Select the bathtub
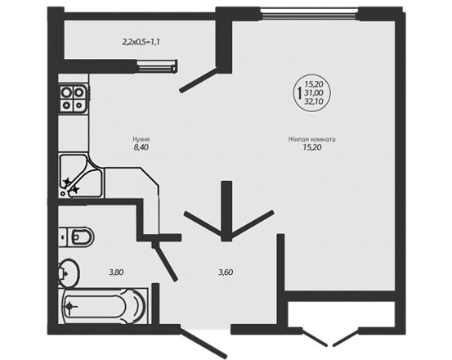pyautogui.click(x=104, y=306)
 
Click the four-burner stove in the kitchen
pyautogui.click(x=73, y=98)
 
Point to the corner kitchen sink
pyautogui.click(x=80, y=176)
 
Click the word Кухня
pyautogui.click(x=141, y=139)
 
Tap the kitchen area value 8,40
pyautogui.click(x=141, y=147)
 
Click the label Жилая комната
pyautogui.click(x=312, y=139)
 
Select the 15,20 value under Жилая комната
pyautogui.click(x=312, y=147)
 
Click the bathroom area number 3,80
pyautogui.click(x=116, y=272)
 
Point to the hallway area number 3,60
pyautogui.click(x=226, y=272)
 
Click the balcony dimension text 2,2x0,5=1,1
pyautogui.click(x=141, y=42)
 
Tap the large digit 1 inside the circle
pyautogui.click(x=299, y=92)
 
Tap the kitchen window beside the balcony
pyautogui.click(x=157, y=65)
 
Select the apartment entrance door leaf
pyautogui.click(x=204, y=342)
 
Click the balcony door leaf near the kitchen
pyautogui.click(x=199, y=80)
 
